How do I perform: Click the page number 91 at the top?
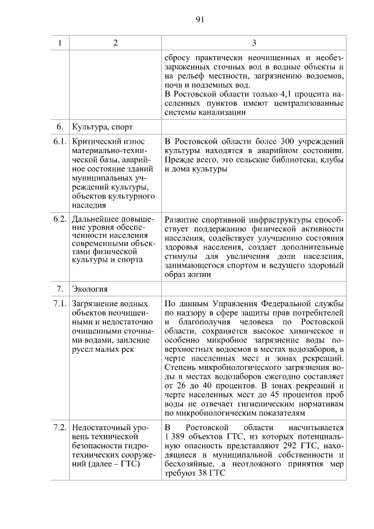(199, 19)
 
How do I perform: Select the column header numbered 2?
(115, 43)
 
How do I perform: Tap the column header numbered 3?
(254, 43)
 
